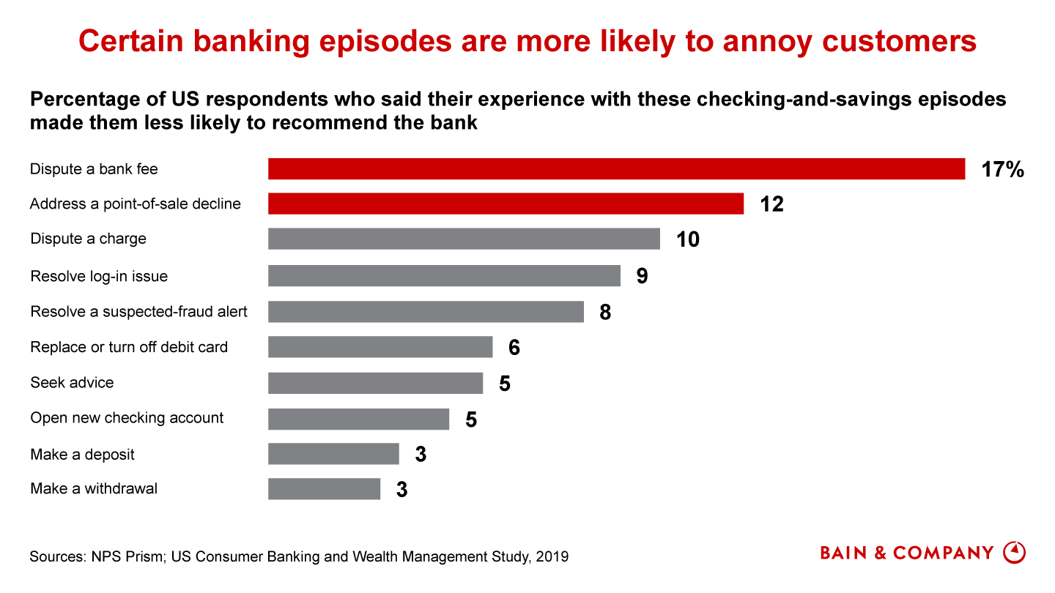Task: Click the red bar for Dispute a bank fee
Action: click(616, 168)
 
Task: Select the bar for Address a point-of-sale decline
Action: click(506, 204)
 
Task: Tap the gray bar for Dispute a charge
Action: click(464, 239)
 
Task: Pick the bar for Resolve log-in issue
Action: click(444, 275)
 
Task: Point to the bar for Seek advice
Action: click(375, 383)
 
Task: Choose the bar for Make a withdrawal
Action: click(324, 488)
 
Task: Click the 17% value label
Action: click(1002, 170)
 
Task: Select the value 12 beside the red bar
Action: click(771, 204)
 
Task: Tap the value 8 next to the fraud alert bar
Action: click(605, 313)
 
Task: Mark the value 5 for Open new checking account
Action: click(471, 419)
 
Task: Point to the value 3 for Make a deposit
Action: click(421, 455)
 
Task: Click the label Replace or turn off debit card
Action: click(129, 347)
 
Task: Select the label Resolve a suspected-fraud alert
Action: click(138, 312)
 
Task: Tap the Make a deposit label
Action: click(82, 455)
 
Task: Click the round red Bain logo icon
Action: click(1014, 553)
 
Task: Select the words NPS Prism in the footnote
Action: click(119, 556)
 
